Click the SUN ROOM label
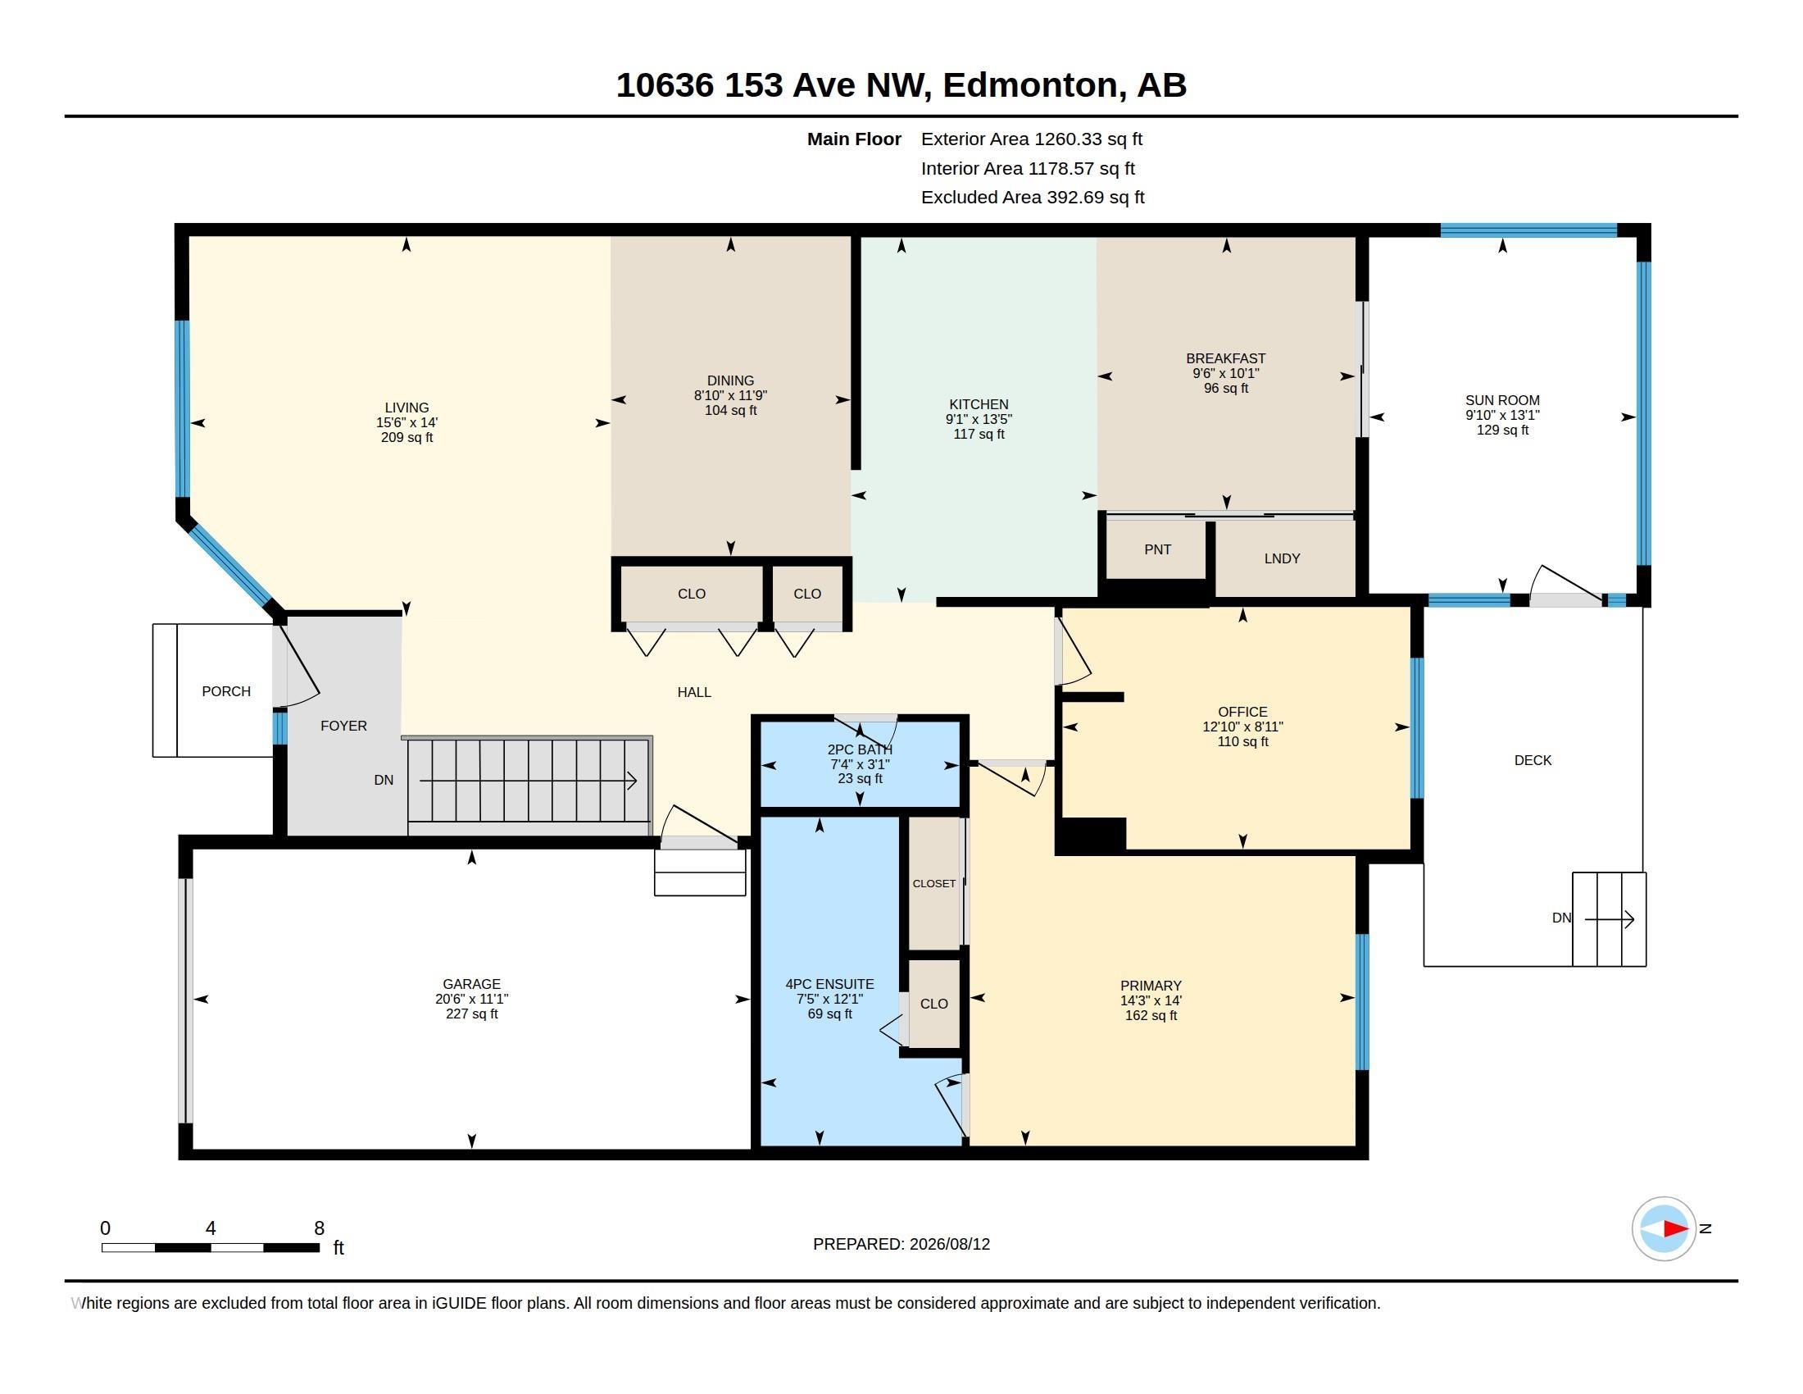[x=1501, y=400]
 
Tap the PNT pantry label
[x=1157, y=549]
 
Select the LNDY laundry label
[x=1282, y=558]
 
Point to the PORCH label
[x=226, y=691]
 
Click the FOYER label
[x=343, y=726]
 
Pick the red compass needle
[x=1675, y=1229]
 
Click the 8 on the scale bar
[x=320, y=1228]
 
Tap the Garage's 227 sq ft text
[x=471, y=1014]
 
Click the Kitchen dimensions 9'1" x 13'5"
[x=979, y=420]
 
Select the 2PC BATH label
[x=860, y=749]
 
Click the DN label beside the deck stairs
[x=1561, y=918]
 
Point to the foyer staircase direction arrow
[x=529, y=781]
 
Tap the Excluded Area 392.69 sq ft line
[x=1033, y=198]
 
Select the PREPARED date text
[x=901, y=1244]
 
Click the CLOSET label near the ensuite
[x=933, y=884]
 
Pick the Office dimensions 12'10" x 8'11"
[x=1242, y=727]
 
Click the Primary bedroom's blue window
[x=1362, y=1002]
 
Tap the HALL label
[x=693, y=692]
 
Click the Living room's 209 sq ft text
[x=406, y=438]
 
